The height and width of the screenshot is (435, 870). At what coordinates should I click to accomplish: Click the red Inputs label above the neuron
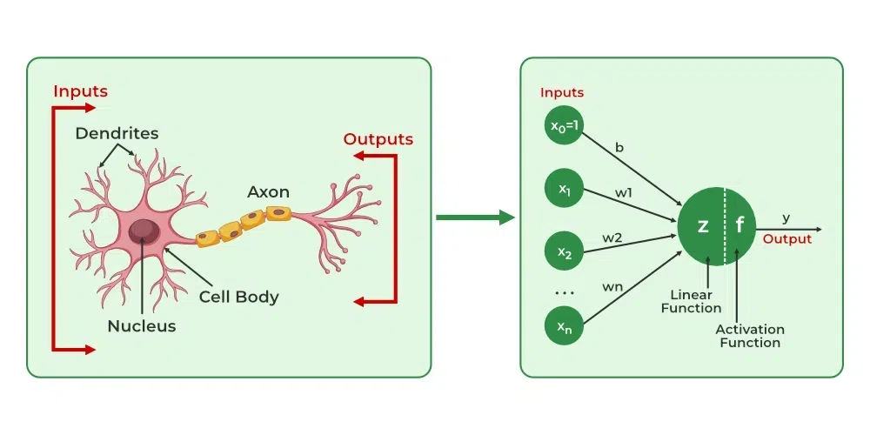[x=80, y=90]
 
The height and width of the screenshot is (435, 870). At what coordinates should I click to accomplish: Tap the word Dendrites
[x=117, y=133]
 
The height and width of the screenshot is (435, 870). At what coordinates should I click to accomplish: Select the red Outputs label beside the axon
[x=378, y=139]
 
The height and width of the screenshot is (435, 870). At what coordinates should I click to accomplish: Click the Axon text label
[x=268, y=191]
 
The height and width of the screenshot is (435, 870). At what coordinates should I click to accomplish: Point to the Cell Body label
[x=238, y=297]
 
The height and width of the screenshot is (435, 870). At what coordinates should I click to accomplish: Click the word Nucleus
[x=141, y=326]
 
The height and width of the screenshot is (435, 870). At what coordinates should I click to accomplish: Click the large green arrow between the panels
[x=475, y=217]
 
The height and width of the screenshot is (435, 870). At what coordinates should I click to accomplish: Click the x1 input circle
[x=565, y=189]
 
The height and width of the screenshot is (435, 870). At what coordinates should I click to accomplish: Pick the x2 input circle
[x=565, y=253]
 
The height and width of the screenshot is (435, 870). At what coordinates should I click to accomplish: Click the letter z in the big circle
[x=703, y=226]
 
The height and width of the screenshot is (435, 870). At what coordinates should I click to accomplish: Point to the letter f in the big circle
[x=740, y=226]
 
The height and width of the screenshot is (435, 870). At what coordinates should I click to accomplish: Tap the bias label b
[x=619, y=148]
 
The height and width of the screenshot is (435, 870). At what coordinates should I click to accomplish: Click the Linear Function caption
[x=691, y=302]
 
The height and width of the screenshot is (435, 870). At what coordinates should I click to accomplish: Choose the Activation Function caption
[x=749, y=336]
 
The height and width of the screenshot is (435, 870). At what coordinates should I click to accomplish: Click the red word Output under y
[x=786, y=239]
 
